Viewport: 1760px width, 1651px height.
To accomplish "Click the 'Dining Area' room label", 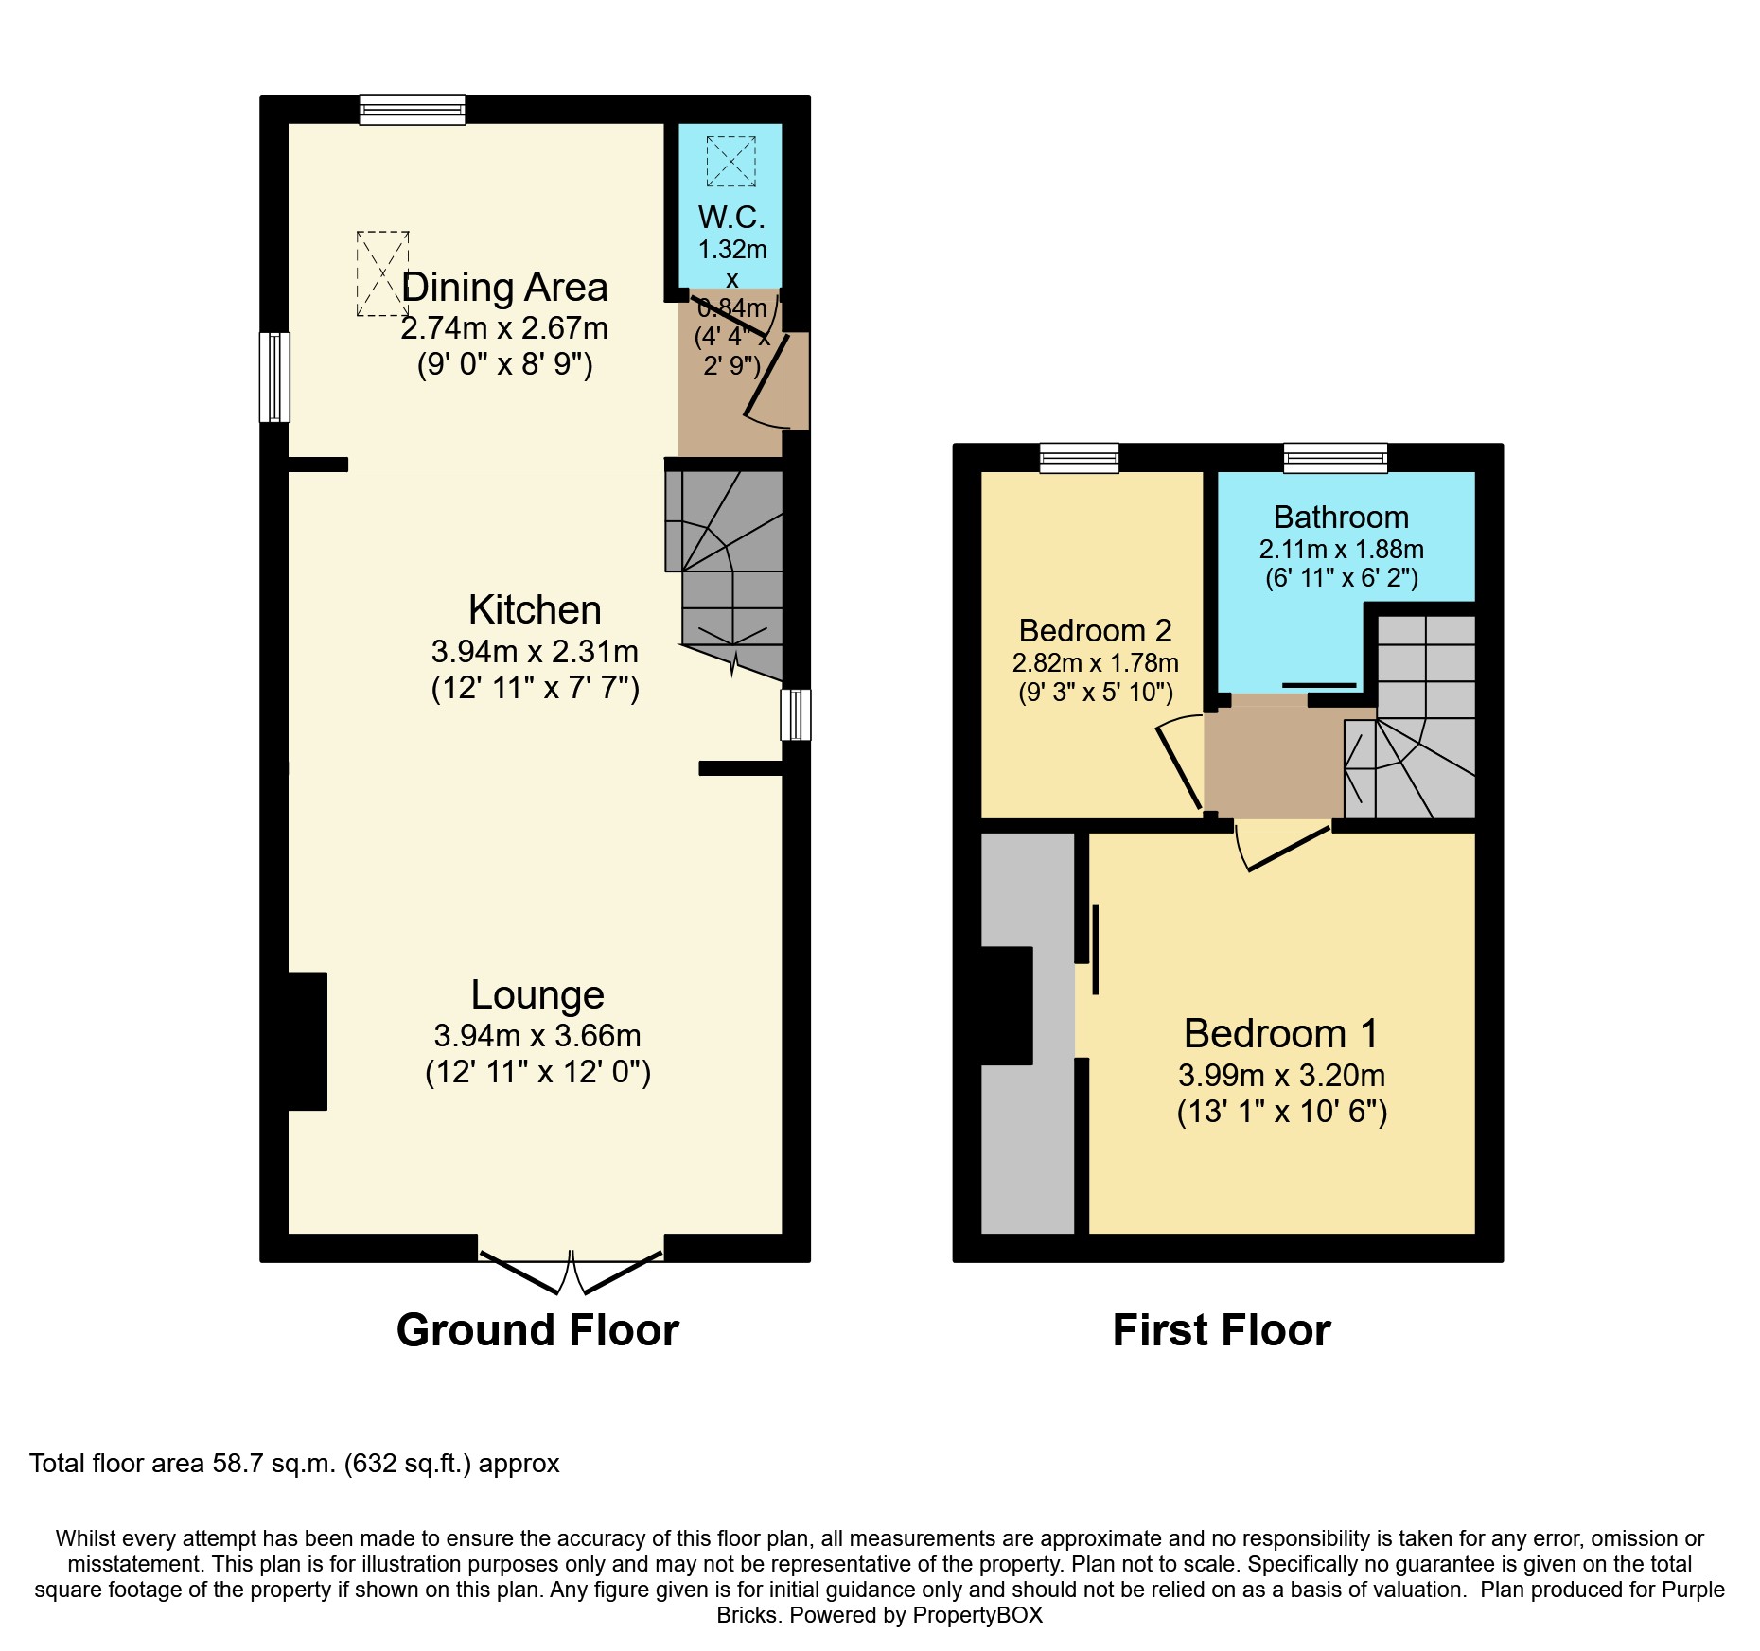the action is pos(504,288).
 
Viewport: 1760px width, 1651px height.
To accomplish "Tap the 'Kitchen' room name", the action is pos(535,610).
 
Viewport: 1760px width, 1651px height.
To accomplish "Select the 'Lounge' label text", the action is pos(537,995).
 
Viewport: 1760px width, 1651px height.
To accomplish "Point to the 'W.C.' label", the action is pos(731,218).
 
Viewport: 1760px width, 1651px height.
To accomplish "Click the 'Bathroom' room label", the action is pos(1341,518).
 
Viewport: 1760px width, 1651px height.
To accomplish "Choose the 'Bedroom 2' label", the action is pos(1095,630).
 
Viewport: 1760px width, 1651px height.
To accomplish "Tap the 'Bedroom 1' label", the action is pos(1280,1033).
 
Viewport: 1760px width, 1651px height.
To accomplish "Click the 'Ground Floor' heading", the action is pos(537,1330).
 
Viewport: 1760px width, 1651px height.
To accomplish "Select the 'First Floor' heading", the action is pos(1222,1330).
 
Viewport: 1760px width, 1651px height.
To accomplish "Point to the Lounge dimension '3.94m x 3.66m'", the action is pos(537,1036).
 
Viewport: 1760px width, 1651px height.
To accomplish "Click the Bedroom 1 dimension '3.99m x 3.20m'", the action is pos(1281,1076).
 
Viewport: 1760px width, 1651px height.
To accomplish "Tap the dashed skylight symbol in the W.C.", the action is pos(731,161).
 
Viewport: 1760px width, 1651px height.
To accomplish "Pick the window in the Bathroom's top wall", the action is pos(1335,458).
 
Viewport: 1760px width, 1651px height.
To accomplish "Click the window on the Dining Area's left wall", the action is pos(274,377).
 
